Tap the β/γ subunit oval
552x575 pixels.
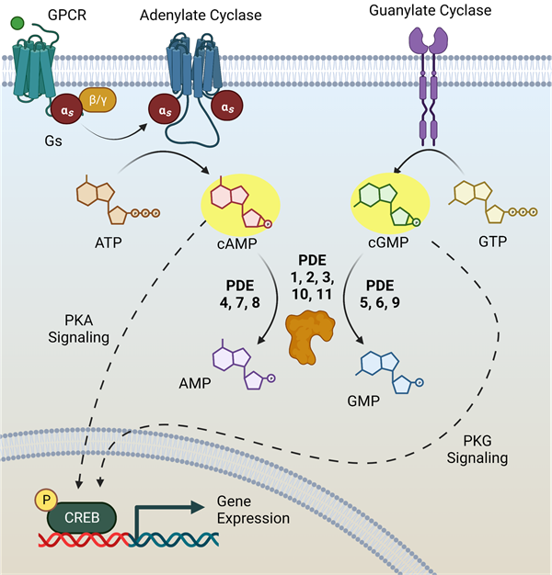pos(97,98)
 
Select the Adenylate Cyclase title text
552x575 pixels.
pos(201,16)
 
